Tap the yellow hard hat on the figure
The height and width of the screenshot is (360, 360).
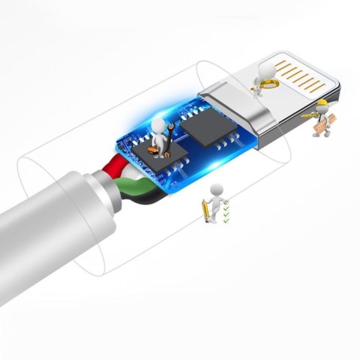[x=322, y=103]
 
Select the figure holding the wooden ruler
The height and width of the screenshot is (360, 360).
[x=321, y=116]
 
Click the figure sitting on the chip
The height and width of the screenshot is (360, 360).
[x=159, y=131]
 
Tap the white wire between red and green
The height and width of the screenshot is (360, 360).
[x=120, y=175]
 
